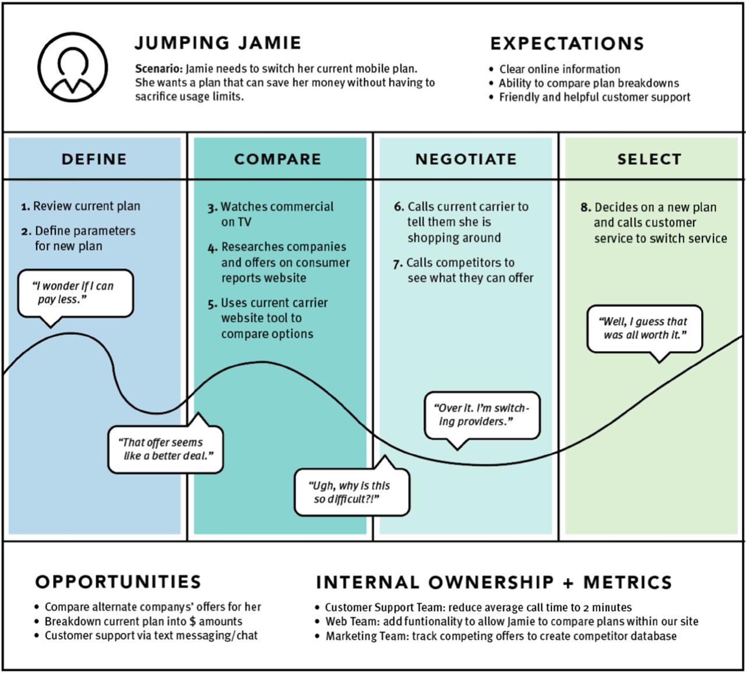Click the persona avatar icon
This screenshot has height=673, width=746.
pyautogui.click(x=72, y=67)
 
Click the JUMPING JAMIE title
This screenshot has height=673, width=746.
pyautogui.click(x=218, y=43)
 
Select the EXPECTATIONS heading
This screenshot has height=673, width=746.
pyautogui.click(x=567, y=44)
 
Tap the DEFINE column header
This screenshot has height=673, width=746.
pyautogui.click(x=94, y=159)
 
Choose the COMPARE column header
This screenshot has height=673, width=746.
pyautogui.click(x=277, y=159)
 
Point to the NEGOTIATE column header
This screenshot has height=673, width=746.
pyautogui.click(x=466, y=159)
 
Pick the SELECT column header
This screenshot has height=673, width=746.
pyautogui.click(x=649, y=159)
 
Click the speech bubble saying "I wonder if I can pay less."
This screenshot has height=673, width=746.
pyautogui.click(x=75, y=293)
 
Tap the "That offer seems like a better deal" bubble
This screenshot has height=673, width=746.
pyautogui.click(x=166, y=449)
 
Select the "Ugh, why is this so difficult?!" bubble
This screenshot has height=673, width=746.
pyautogui.click(x=351, y=493)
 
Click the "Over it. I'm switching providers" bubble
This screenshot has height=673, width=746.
pyautogui.click(x=481, y=415)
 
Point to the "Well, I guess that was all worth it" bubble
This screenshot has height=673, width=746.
pyautogui.click(x=643, y=328)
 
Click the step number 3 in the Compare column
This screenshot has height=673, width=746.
pyautogui.click(x=213, y=207)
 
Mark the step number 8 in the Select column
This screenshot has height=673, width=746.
pyautogui.click(x=585, y=208)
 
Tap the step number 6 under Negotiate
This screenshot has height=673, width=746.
pyautogui.click(x=399, y=207)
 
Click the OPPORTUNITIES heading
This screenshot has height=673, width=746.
pyautogui.click(x=118, y=582)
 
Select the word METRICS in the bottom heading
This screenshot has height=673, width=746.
pyautogui.click(x=627, y=582)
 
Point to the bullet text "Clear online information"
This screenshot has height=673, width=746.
pyautogui.click(x=559, y=69)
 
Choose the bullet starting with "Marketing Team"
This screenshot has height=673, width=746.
pyautogui.click(x=501, y=636)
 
